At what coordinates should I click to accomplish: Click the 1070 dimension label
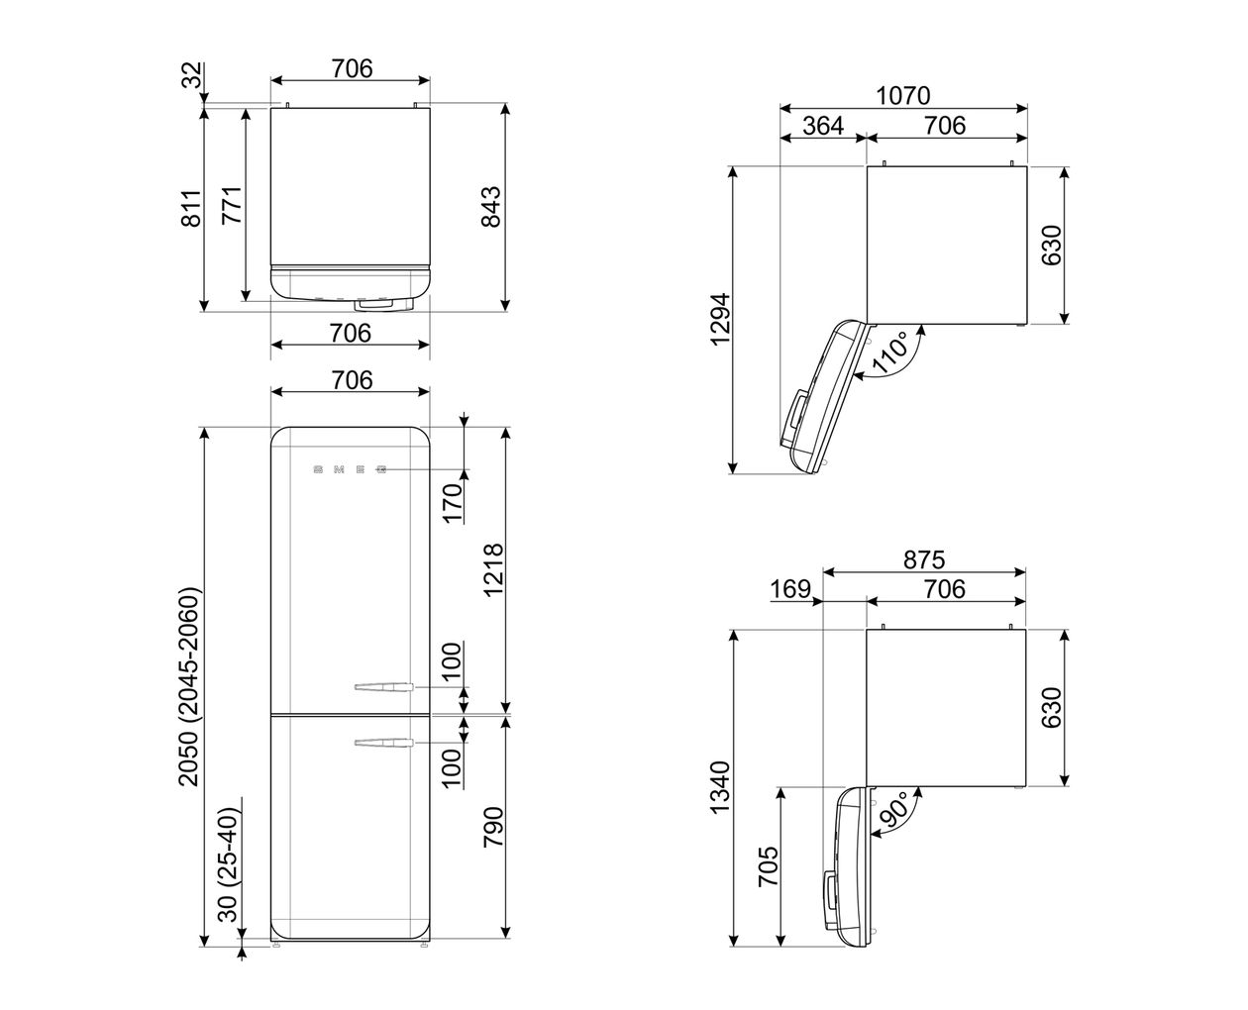902,95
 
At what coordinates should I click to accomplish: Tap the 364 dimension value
823,126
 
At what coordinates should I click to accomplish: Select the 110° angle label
889,353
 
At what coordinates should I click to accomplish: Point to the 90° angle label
892,810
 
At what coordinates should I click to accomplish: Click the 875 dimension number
924,559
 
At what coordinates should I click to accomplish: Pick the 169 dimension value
790,589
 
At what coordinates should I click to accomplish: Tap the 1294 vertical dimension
721,319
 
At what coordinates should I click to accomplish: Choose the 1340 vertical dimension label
719,787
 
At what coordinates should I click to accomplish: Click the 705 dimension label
769,865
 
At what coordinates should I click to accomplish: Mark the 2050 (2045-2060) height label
189,686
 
